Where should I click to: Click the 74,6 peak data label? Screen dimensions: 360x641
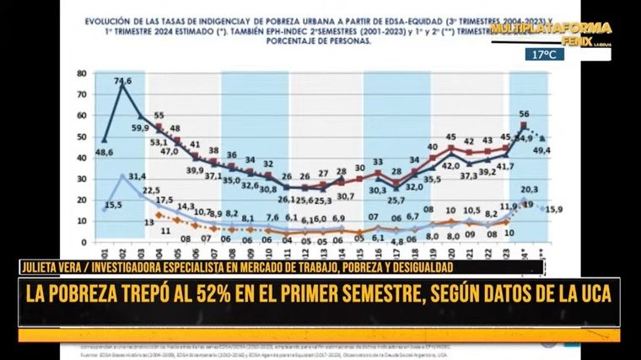[x=123, y=82]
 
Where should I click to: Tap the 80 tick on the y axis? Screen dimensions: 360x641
[x=82, y=73]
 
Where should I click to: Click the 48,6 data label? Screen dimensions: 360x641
[x=105, y=152]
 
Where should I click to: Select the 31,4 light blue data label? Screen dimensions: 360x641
[x=137, y=176]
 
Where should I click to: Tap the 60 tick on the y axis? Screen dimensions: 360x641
[x=82, y=116]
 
